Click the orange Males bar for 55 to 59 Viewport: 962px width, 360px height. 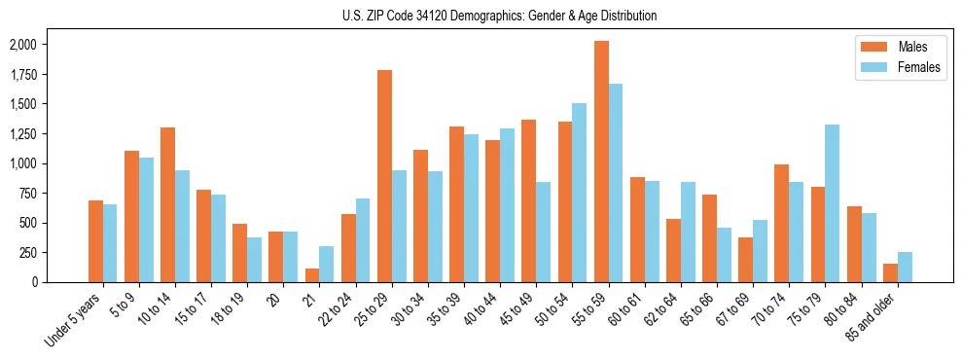point(601,162)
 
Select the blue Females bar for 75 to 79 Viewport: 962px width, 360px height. point(833,203)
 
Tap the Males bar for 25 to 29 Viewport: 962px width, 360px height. point(384,176)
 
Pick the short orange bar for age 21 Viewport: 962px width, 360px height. point(312,275)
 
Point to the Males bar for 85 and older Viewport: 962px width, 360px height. point(891,272)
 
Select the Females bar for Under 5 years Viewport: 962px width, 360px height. point(110,243)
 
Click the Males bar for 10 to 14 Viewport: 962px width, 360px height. point(167,204)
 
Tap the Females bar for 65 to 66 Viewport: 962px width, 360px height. point(725,255)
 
